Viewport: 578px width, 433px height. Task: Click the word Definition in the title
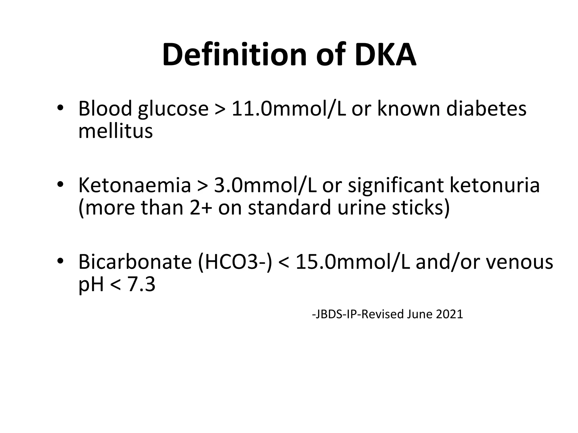[234, 55]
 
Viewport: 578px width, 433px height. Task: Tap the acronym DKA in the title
[385, 55]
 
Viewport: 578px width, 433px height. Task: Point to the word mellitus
[115, 131]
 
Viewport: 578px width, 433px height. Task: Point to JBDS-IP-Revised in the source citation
[358, 314]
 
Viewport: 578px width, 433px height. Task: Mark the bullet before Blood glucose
[60, 109]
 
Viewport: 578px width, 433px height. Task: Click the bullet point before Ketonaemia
[60, 185]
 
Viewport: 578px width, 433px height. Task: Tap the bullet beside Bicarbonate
[60, 261]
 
